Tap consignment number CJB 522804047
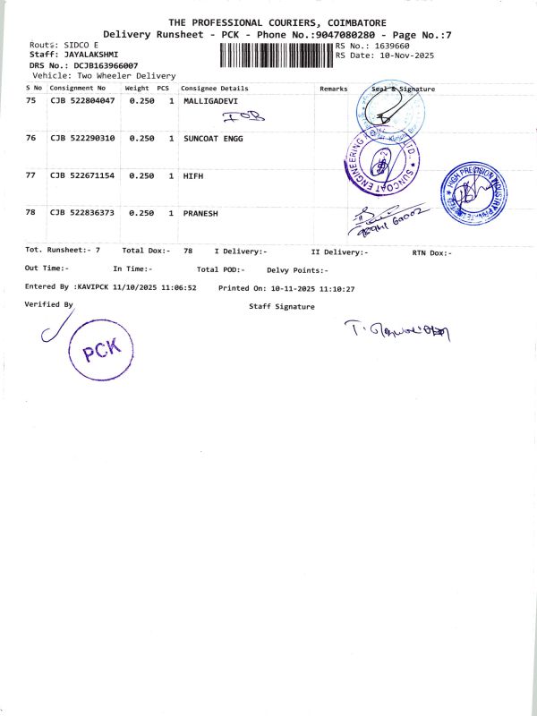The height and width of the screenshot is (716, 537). (82, 103)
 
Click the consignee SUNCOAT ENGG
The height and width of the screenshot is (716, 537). (213, 139)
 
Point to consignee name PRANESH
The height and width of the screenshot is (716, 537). (200, 213)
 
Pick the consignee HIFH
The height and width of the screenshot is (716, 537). (193, 175)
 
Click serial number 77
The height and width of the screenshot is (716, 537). (31, 175)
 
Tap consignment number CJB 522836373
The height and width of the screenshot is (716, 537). (82, 213)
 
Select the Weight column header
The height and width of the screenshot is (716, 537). (137, 89)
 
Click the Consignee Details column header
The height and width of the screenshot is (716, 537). (215, 89)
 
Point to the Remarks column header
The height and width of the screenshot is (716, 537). (333, 89)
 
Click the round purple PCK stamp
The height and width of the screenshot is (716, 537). (100, 352)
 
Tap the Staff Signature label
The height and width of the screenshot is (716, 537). (282, 306)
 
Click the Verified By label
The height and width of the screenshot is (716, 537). (49, 304)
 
